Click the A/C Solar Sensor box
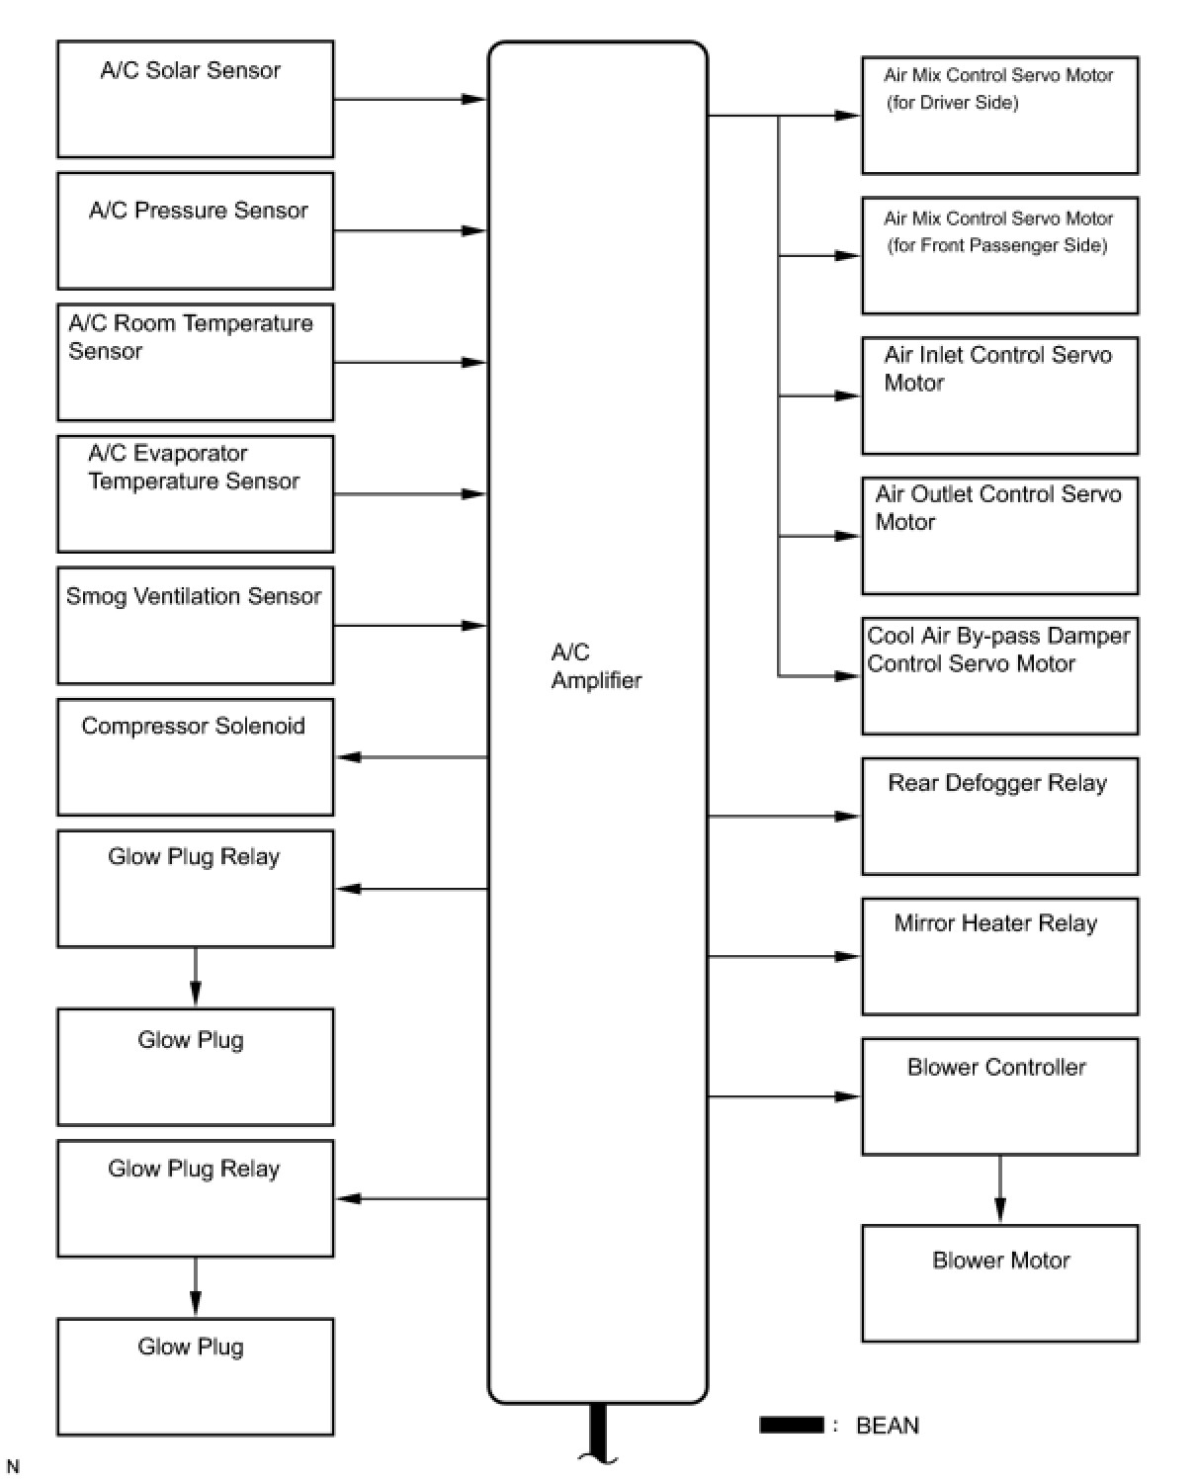coord(195,99)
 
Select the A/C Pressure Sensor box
coord(195,230)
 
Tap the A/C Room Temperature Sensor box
coord(195,362)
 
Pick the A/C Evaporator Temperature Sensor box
coord(195,493)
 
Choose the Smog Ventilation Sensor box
coord(195,625)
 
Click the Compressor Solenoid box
coord(195,757)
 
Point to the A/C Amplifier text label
coord(596,666)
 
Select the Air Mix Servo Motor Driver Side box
coord(999,116)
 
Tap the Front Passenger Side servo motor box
coord(999,256)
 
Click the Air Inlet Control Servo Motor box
coord(999,395)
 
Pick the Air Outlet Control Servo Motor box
coord(999,536)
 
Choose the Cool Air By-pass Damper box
coord(999,676)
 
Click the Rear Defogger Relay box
coord(999,817)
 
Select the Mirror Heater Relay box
coord(999,956)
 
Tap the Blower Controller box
coord(999,1096)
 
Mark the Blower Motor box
coord(999,1283)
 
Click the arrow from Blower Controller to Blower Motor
coord(999,1190)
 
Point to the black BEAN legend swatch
coord(791,1425)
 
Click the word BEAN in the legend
coord(887,1426)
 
